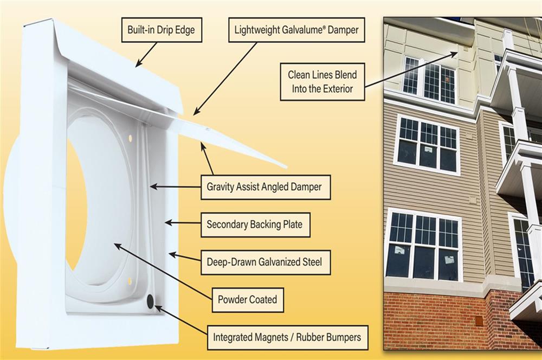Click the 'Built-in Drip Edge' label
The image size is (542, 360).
[x=157, y=30]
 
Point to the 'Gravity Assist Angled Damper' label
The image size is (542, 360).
[x=264, y=187]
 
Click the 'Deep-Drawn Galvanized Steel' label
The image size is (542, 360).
[x=264, y=262]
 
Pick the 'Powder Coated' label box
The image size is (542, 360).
[x=247, y=299]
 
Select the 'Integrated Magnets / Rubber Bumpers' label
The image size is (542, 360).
[x=287, y=337]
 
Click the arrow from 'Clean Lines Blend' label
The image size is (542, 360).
[x=412, y=69]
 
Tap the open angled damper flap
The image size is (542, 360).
[x=233, y=136]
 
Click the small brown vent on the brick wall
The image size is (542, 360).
[x=479, y=320]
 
